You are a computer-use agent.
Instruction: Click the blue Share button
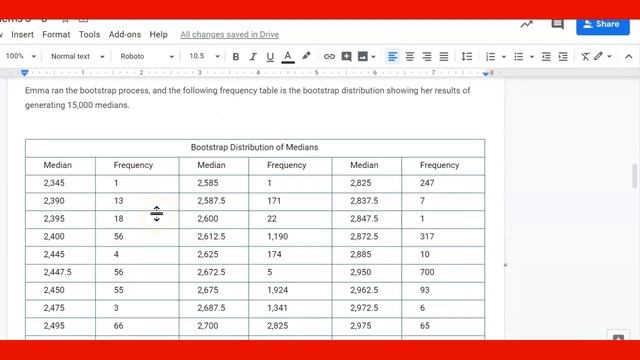click(603, 24)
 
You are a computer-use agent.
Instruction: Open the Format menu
click(56, 34)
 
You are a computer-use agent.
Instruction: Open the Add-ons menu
click(125, 34)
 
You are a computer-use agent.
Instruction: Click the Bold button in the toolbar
click(236, 57)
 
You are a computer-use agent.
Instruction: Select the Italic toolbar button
click(253, 57)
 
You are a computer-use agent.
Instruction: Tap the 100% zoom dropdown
click(20, 57)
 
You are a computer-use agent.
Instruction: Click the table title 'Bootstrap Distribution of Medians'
click(254, 147)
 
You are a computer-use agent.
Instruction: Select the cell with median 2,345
click(54, 183)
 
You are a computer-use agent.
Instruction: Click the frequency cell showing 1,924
click(281, 290)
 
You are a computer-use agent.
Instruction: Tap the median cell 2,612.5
click(211, 237)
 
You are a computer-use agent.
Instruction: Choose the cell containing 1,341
click(279, 308)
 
